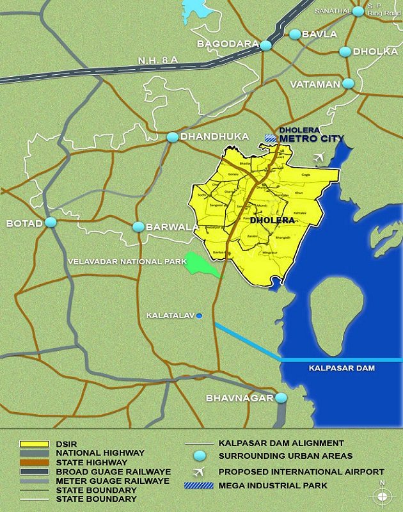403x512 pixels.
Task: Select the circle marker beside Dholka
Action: pyautogui.click(x=345, y=51)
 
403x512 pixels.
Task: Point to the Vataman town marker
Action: pyautogui.click(x=349, y=83)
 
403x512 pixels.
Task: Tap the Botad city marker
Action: pyautogui.click(x=51, y=223)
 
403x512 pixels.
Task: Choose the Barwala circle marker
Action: pyautogui.click(x=138, y=227)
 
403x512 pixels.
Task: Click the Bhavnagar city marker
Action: pyautogui.click(x=281, y=397)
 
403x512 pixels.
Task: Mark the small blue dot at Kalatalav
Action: pyautogui.click(x=200, y=316)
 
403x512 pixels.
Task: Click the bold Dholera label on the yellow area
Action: pyautogui.click(x=273, y=220)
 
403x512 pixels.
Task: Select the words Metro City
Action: pyautogui.click(x=312, y=138)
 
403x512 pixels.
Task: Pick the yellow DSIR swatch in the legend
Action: pyautogui.click(x=36, y=444)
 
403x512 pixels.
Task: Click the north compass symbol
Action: pyautogui.click(x=382, y=495)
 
